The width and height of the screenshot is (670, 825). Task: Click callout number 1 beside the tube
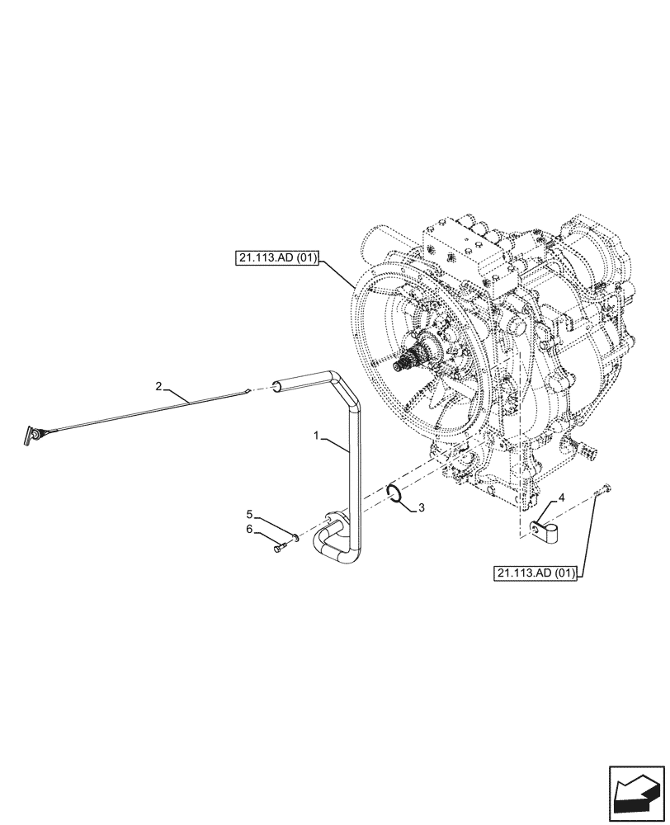(316, 433)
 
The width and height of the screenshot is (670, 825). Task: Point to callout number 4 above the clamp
(561, 497)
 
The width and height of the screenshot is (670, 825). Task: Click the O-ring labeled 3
(395, 493)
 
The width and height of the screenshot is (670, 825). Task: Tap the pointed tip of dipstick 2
(248, 391)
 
